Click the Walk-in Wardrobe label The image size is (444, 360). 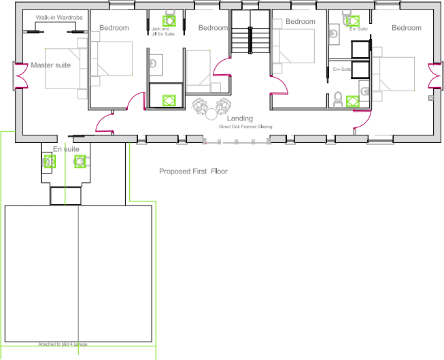(x=59, y=17)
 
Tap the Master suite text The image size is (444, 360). (x=51, y=65)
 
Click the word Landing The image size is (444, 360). (x=240, y=119)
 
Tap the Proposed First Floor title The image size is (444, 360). (x=193, y=171)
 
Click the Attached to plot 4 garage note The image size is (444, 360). (x=63, y=344)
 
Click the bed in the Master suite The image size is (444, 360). (x=64, y=69)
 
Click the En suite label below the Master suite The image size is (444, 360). (x=66, y=149)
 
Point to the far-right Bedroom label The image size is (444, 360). (x=406, y=28)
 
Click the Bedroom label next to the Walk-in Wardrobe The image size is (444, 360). (x=114, y=28)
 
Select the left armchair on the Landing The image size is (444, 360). (x=202, y=107)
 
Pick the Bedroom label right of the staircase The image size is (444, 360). (x=300, y=22)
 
